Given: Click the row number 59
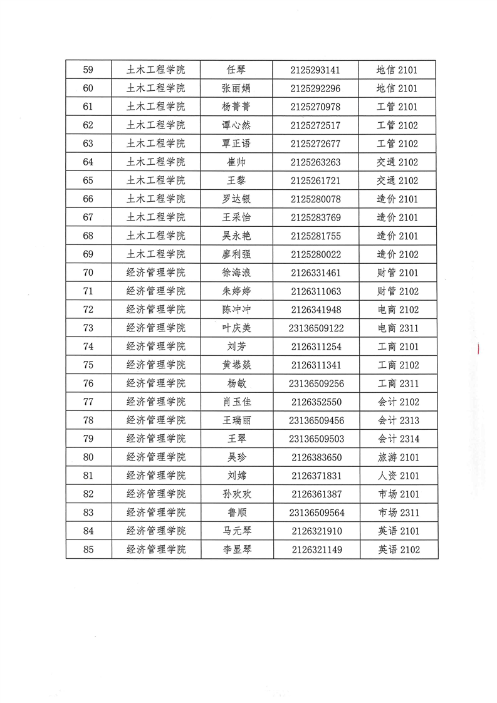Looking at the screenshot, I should point(88,70).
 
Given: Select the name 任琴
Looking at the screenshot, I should point(236,70).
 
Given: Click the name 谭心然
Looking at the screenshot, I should point(236,125).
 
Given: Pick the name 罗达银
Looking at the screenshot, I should point(236,199).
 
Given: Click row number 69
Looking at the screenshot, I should point(88,254).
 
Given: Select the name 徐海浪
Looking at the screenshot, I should point(236,273).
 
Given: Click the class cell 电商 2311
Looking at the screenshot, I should point(398,328).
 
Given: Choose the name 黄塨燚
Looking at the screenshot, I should point(236,365).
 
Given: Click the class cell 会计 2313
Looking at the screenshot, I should point(398,420).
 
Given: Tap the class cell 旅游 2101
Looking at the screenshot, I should point(398,457).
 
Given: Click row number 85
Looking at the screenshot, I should point(88,550).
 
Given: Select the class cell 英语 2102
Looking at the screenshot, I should point(398,550).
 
